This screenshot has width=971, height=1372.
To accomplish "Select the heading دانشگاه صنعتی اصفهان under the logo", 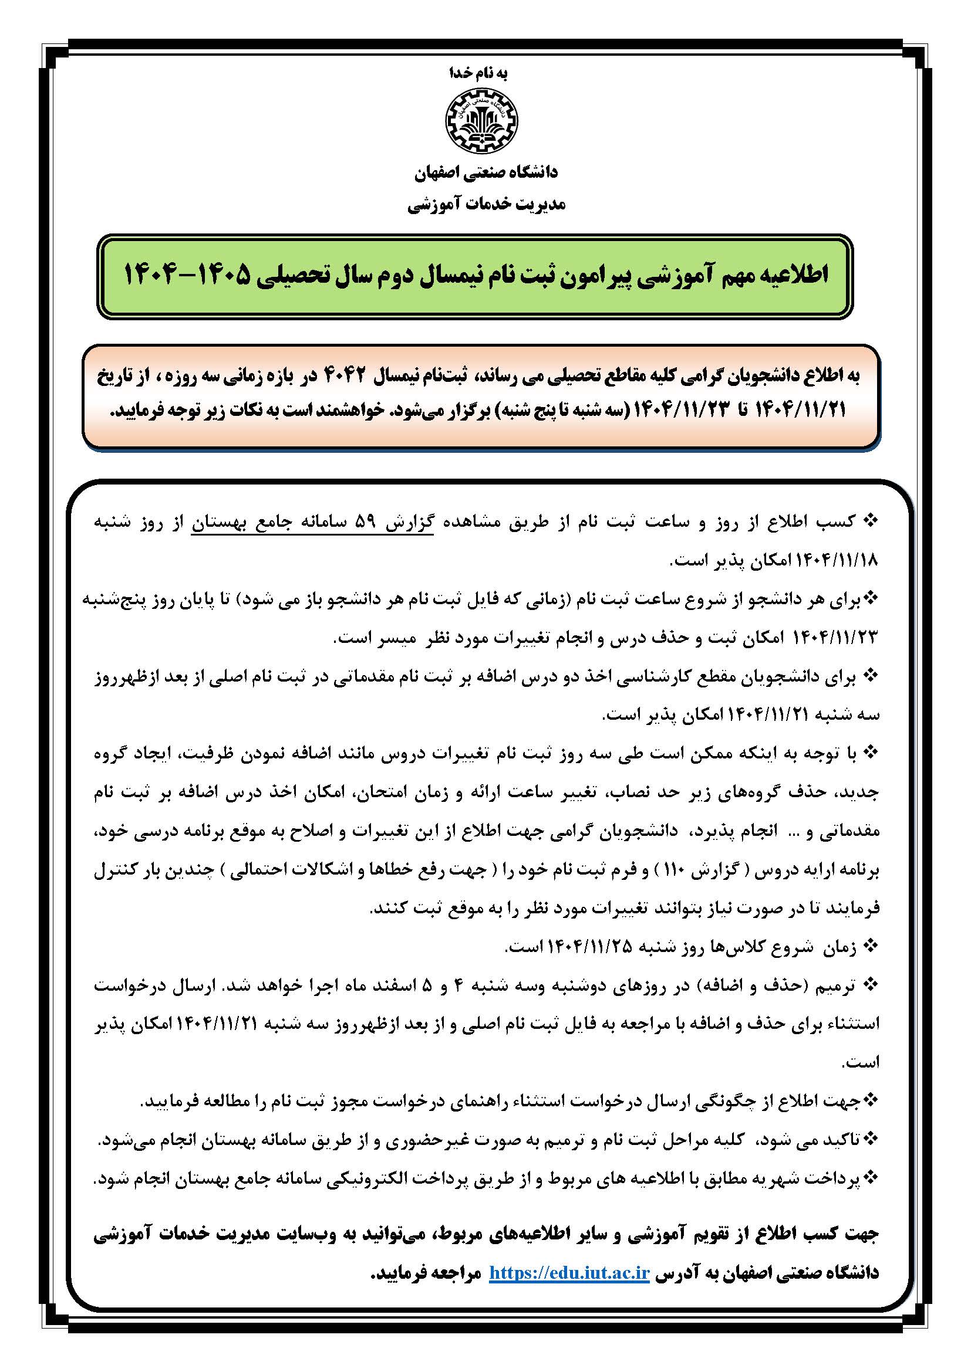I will (485, 172).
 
